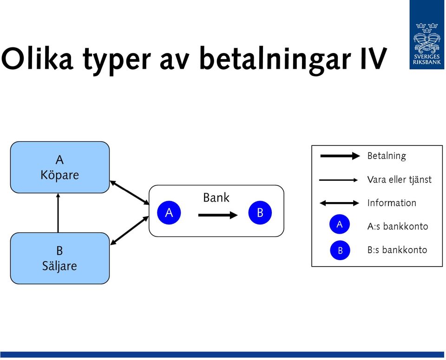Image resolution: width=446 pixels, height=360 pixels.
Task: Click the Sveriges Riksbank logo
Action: [x=427, y=34]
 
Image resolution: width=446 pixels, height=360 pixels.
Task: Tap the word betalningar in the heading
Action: [x=275, y=60]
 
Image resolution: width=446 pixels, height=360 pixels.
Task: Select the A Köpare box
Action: [x=60, y=167]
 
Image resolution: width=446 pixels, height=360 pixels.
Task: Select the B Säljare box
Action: [x=60, y=258]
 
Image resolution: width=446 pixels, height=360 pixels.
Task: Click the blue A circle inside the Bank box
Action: [x=169, y=212]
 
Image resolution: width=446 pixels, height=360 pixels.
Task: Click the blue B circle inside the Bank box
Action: [x=260, y=212]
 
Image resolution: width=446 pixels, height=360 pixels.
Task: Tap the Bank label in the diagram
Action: [x=216, y=197]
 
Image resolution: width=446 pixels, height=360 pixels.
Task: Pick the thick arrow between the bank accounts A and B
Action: [x=218, y=215]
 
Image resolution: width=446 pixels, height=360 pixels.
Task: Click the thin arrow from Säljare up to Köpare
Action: [x=58, y=213]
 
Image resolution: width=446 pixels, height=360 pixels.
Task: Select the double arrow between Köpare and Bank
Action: [x=130, y=192]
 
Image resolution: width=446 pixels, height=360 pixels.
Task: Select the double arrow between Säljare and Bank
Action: [x=130, y=230]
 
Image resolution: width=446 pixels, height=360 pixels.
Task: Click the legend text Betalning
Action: [x=387, y=156]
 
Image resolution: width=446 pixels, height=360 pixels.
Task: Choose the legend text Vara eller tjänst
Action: [x=400, y=179]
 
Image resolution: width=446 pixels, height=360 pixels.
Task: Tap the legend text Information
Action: [x=392, y=203]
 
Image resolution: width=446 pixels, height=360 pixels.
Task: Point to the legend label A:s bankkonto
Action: [x=398, y=226]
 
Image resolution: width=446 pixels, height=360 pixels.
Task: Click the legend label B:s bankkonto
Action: [x=397, y=249]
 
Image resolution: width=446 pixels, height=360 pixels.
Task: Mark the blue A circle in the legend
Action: [x=340, y=224]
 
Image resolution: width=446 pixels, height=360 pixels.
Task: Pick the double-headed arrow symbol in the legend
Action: [x=340, y=203]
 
